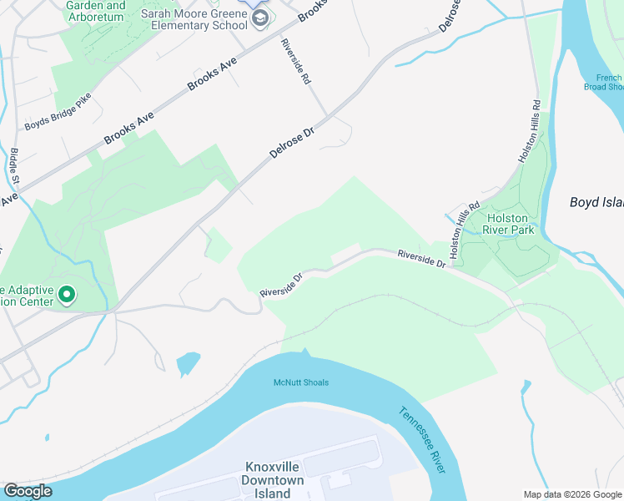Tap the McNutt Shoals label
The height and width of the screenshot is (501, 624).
tap(301, 382)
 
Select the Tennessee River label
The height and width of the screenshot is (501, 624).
tap(421, 440)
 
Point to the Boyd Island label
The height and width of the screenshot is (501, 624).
tap(596, 202)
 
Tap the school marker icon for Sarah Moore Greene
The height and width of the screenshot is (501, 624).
tap(260, 18)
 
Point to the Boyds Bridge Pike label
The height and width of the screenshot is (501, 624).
tap(57, 119)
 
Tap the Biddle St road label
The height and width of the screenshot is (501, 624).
tap(16, 168)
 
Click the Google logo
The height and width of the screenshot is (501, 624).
tap(28, 491)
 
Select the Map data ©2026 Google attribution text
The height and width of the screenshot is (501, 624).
tap(572, 494)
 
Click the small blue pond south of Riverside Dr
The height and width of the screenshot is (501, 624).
tap(188, 363)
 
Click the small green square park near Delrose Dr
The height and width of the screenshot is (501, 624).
tap(219, 245)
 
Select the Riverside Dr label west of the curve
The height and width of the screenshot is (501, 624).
tap(279, 284)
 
